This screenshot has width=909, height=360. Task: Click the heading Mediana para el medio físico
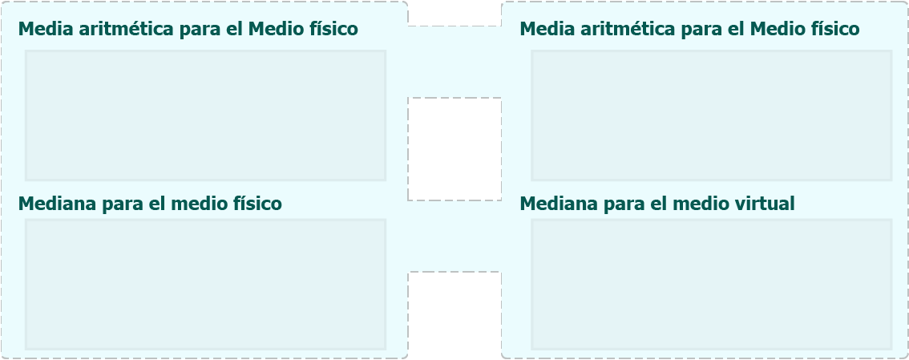150,204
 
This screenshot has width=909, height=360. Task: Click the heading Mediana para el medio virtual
656,204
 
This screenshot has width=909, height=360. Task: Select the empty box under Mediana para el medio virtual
711,285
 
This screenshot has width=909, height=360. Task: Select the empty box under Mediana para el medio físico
206,285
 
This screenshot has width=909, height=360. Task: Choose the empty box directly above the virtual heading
711,115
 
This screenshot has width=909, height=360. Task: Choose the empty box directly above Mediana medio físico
206,115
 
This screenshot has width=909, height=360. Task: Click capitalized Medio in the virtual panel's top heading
775,29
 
